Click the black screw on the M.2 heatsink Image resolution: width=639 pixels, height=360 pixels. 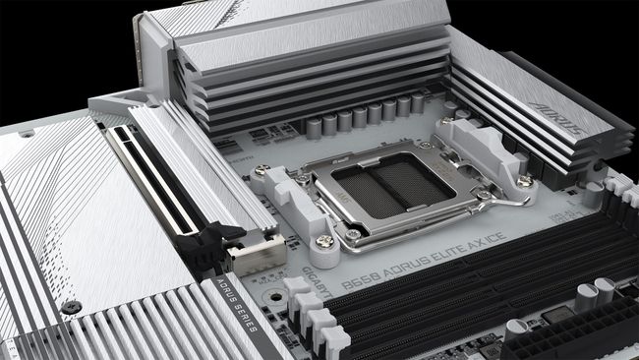point(69,306)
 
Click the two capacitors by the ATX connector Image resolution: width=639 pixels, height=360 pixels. point(594,294)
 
